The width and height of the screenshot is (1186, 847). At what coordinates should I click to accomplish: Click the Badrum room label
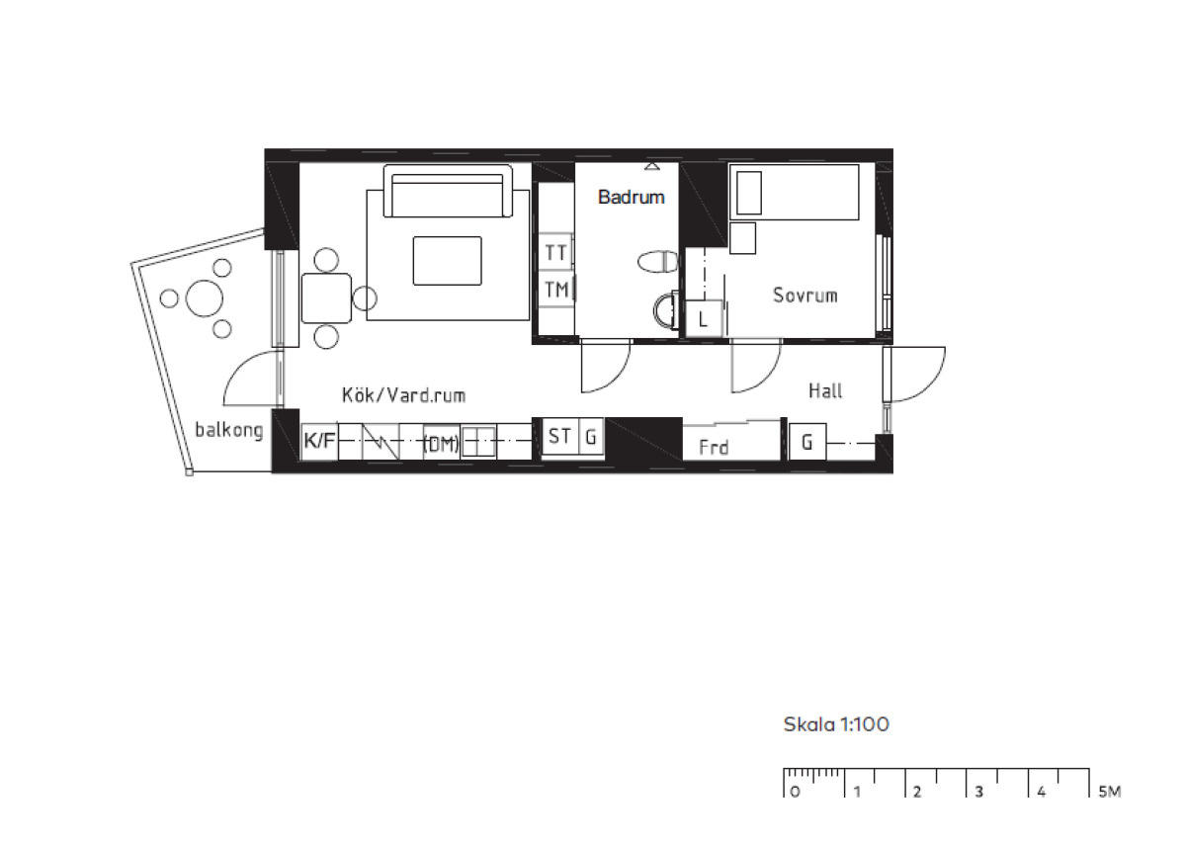tap(631, 197)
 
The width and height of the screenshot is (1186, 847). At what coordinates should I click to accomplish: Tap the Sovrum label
tap(805, 295)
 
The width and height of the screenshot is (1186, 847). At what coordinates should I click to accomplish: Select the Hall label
tap(825, 390)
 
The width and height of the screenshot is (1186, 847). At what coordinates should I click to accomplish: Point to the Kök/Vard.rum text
tap(403, 395)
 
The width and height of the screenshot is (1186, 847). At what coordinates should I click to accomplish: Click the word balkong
tap(228, 430)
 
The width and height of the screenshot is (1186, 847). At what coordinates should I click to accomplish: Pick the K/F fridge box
tap(319, 441)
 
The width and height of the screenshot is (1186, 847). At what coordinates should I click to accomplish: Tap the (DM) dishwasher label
tap(441, 444)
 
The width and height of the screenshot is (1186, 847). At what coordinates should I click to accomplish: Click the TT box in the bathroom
tap(555, 252)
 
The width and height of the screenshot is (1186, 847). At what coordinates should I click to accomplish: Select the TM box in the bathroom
tap(555, 289)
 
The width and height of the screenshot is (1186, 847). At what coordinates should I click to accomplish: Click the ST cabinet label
tap(559, 436)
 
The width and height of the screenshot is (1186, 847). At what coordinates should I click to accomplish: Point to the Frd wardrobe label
tap(714, 448)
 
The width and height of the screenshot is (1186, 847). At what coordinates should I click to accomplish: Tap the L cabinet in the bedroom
tap(704, 318)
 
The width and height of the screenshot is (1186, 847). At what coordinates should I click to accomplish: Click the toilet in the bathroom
tap(657, 262)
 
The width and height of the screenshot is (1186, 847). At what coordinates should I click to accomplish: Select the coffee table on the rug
tap(448, 261)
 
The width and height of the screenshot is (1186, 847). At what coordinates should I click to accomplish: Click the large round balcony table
tap(204, 298)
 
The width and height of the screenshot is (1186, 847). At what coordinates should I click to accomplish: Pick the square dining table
tap(326, 298)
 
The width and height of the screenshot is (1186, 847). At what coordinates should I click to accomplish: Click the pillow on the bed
tap(749, 193)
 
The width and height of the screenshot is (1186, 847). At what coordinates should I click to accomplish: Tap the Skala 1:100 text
tap(836, 724)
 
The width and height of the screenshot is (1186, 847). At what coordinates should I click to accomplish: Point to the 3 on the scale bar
tap(979, 792)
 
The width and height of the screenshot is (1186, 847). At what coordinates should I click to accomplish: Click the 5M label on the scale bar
tap(1110, 792)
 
